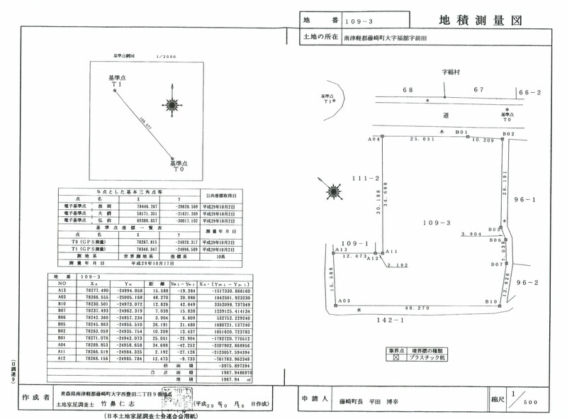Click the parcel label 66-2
(529, 92)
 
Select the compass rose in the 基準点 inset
(171, 104)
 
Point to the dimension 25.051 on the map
(422, 140)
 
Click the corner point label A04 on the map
(374, 140)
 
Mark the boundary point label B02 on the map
(507, 133)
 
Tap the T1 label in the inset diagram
(117, 84)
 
